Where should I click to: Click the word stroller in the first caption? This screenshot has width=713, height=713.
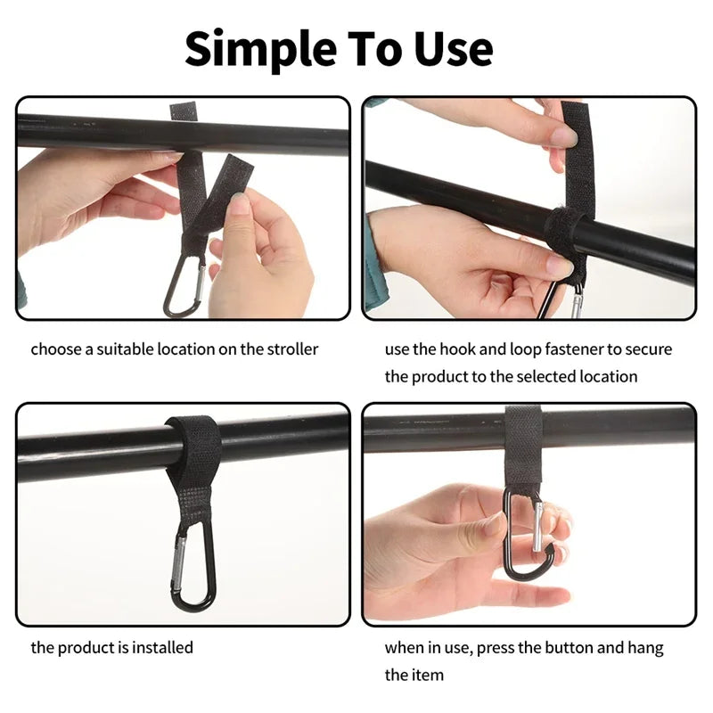(283, 349)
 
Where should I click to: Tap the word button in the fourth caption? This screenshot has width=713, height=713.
(558, 648)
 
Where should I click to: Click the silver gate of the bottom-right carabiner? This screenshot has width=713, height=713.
(537, 528)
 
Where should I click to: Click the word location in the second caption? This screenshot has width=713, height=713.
(608, 376)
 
